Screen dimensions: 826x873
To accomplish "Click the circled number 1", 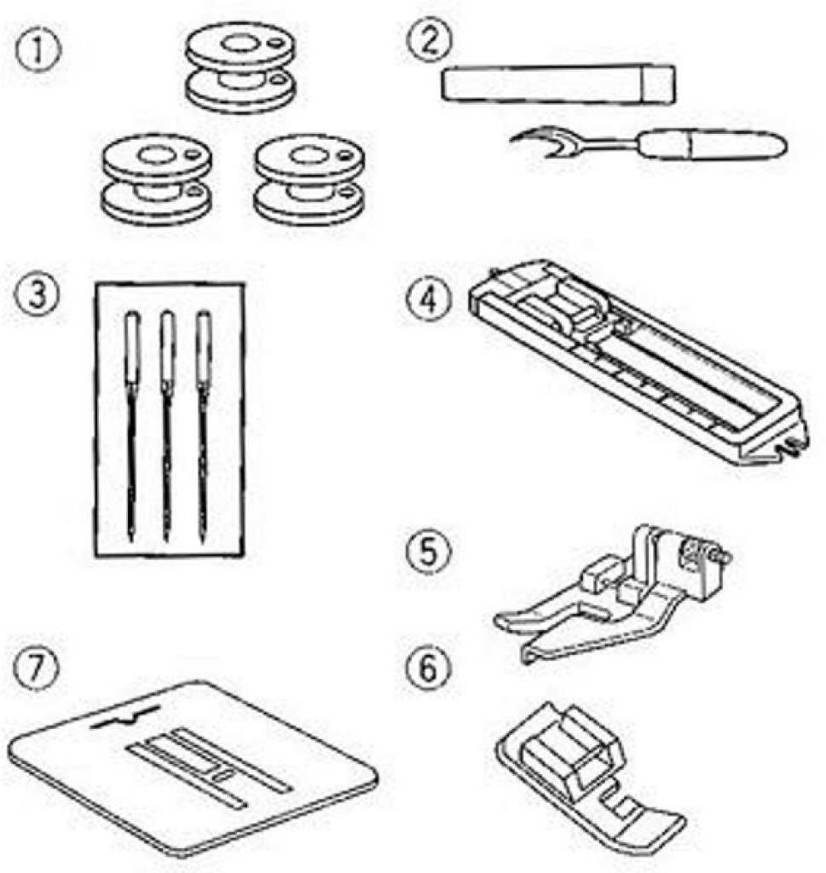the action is [38, 52].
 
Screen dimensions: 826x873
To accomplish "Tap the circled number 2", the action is [430, 43].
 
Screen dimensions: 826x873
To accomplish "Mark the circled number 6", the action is [428, 668].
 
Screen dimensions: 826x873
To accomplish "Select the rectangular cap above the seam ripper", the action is [558, 84].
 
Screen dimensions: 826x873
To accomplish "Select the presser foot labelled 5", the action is [612, 593].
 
